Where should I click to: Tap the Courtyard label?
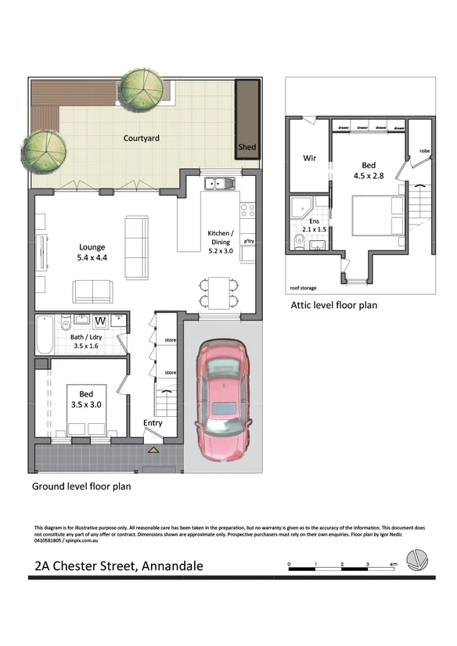tap(142, 138)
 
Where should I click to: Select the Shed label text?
tap(246, 147)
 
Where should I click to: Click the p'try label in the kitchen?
tap(250, 242)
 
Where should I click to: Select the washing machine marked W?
tap(100, 321)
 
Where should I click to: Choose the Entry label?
tap(153, 423)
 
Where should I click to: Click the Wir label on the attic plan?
tap(309, 158)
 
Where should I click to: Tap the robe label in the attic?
tap(424, 151)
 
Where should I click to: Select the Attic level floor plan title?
tap(333, 305)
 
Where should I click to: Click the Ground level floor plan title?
tap(81, 486)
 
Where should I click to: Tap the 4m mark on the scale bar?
tap(393, 564)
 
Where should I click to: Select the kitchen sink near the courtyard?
tap(215, 185)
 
